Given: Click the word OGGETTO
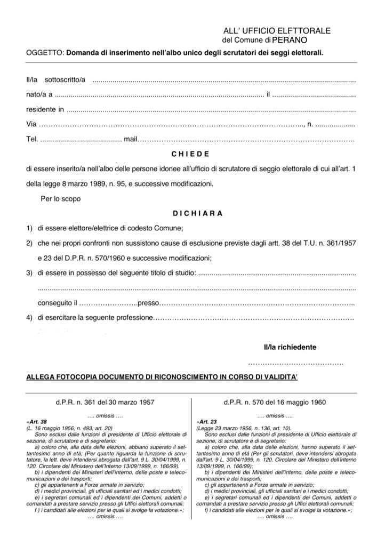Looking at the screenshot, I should tap(45, 53).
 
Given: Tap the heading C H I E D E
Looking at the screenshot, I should tap(190, 154).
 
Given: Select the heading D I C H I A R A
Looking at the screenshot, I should tap(197, 213).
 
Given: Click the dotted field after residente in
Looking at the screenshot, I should tap(211, 110).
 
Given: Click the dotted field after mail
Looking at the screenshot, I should tap(246, 140).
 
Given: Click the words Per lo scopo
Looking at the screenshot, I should tap(61, 199).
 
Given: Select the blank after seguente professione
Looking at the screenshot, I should tap(253, 319).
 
